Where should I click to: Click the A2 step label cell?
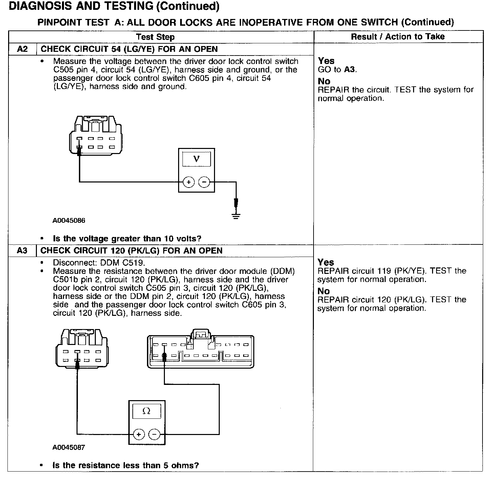tap(22, 49)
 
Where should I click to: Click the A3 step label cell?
tap(22, 251)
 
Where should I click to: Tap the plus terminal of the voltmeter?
tap(189, 182)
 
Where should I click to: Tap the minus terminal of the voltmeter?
tap(204, 182)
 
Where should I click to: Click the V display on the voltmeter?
tap(196, 159)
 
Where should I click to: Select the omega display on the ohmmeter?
tap(147, 411)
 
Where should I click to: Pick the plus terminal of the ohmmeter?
tap(139, 434)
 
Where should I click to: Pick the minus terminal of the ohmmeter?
tap(155, 434)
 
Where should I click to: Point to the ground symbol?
tap(236, 216)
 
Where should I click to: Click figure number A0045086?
tap(69, 221)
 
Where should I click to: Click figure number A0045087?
tap(69, 448)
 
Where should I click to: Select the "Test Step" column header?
tap(155, 37)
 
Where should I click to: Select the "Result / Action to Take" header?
tap(398, 37)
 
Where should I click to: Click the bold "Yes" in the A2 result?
tap(326, 61)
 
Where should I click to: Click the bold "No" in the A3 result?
tap(324, 291)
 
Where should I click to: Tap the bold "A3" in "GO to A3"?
tap(350, 70)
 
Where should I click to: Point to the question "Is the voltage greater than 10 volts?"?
tap(127, 239)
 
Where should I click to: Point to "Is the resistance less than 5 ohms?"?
tap(126, 465)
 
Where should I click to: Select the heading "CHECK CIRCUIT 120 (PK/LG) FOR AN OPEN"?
tap(131, 251)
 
